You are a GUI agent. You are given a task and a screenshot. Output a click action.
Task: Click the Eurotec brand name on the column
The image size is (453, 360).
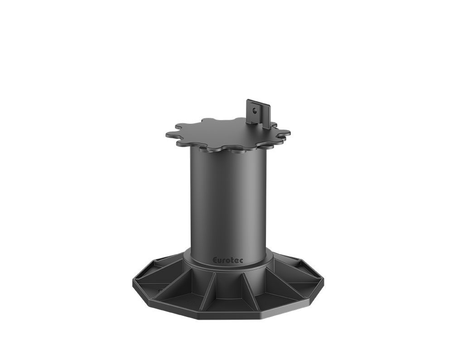tap(228, 260)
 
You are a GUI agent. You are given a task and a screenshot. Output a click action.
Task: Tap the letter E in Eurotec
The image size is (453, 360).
tap(215, 260)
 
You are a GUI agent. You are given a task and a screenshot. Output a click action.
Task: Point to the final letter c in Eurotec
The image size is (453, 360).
tap(241, 261)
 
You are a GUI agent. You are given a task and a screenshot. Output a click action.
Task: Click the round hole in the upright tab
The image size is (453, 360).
tap(254, 110)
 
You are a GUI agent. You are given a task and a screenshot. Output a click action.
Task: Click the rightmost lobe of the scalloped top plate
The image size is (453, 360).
tap(284, 134)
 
